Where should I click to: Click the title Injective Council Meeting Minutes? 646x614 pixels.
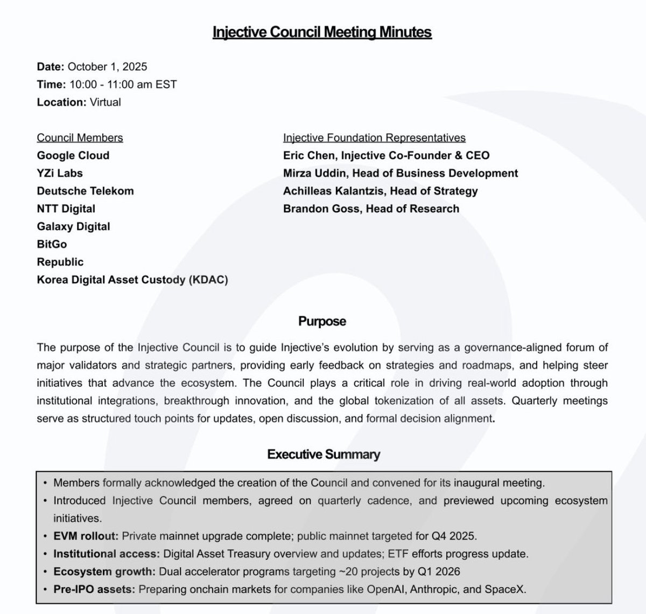tap(322, 32)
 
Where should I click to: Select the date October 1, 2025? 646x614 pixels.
tap(107, 67)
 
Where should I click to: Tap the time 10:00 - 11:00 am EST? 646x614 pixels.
tap(122, 85)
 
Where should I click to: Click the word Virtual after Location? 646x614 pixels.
tap(105, 102)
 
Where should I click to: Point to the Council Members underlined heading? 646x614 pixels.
tap(80, 138)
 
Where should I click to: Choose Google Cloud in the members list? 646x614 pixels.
tap(73, 156)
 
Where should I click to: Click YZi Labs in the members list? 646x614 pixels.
tap(60, 174)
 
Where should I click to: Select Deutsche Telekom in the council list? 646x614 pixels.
tap(85, 191)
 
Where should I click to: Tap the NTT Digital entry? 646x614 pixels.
tap(66, 209)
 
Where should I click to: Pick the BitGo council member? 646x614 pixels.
tap(52, 245)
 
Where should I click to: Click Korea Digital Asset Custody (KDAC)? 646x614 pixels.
tap(132, 280)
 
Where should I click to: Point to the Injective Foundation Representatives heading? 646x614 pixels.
tap(374, 138)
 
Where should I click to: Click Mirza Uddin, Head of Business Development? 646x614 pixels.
tap(401, 174)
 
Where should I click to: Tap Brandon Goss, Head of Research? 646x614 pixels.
tap(371, 209)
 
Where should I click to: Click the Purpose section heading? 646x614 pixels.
tap(322, 322)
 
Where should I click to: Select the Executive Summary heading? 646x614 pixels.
tap(324, 454)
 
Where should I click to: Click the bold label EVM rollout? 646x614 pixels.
tap(86, 536)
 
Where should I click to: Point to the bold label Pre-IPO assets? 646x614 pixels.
tap(94, 590)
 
